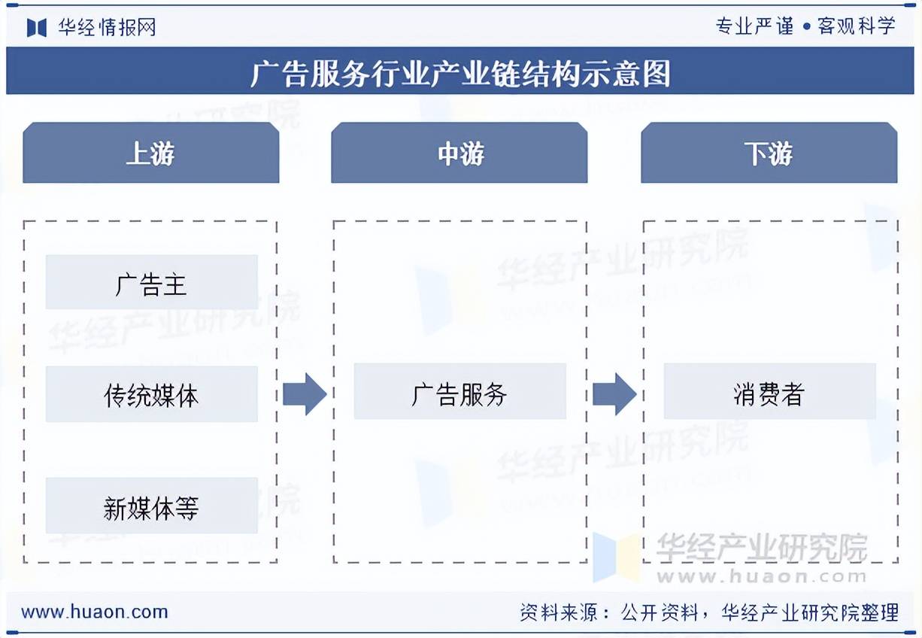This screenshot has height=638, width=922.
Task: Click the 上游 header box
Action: tap(150, 153)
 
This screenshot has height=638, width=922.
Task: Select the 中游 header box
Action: tap(459, 153)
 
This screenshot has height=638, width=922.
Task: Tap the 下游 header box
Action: tap(769, 153)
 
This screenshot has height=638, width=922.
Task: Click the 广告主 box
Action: tap(151, 283)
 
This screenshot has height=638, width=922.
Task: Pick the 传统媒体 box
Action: tap(151, 394)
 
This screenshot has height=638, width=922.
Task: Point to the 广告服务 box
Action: tap(459, 392)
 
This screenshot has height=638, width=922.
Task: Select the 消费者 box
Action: tap(769, 392)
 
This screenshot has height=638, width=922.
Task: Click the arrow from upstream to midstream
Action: tap(305, 393)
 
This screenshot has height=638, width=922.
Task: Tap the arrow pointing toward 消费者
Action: tap(614, 393)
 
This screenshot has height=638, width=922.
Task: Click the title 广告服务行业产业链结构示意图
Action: tap(459, 73)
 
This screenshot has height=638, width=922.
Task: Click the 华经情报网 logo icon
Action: tap(37, 27)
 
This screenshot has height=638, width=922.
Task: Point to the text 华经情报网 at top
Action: tap(107, 27)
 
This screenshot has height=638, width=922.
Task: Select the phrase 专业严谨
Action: tap(754, 26)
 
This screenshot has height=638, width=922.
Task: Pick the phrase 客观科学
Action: tap(857, 26)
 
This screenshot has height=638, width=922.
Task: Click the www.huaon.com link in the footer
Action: tap(95, 612)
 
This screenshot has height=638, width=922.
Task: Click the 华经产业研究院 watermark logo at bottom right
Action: tap(729, 557)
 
